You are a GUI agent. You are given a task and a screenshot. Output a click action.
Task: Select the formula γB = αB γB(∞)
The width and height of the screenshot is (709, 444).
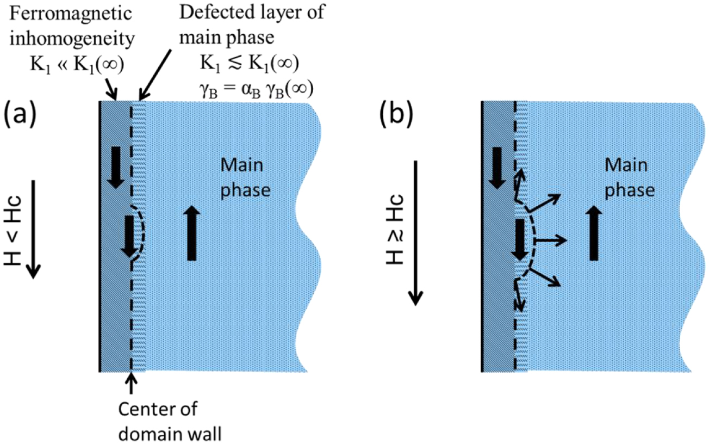tap(256, 90)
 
